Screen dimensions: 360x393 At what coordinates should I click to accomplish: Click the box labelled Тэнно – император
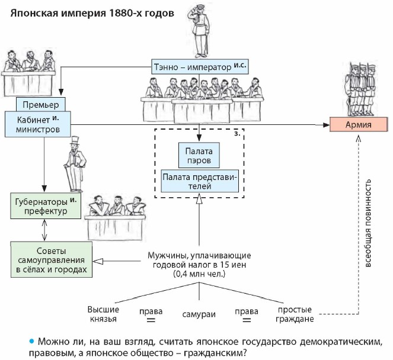click(x=200, y=66)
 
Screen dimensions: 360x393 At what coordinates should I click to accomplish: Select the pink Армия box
click(x=359, y=125)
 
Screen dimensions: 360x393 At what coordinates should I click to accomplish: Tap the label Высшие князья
click(x=104, y=314)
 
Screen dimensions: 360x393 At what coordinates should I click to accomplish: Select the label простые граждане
click(x=295, y=314)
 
